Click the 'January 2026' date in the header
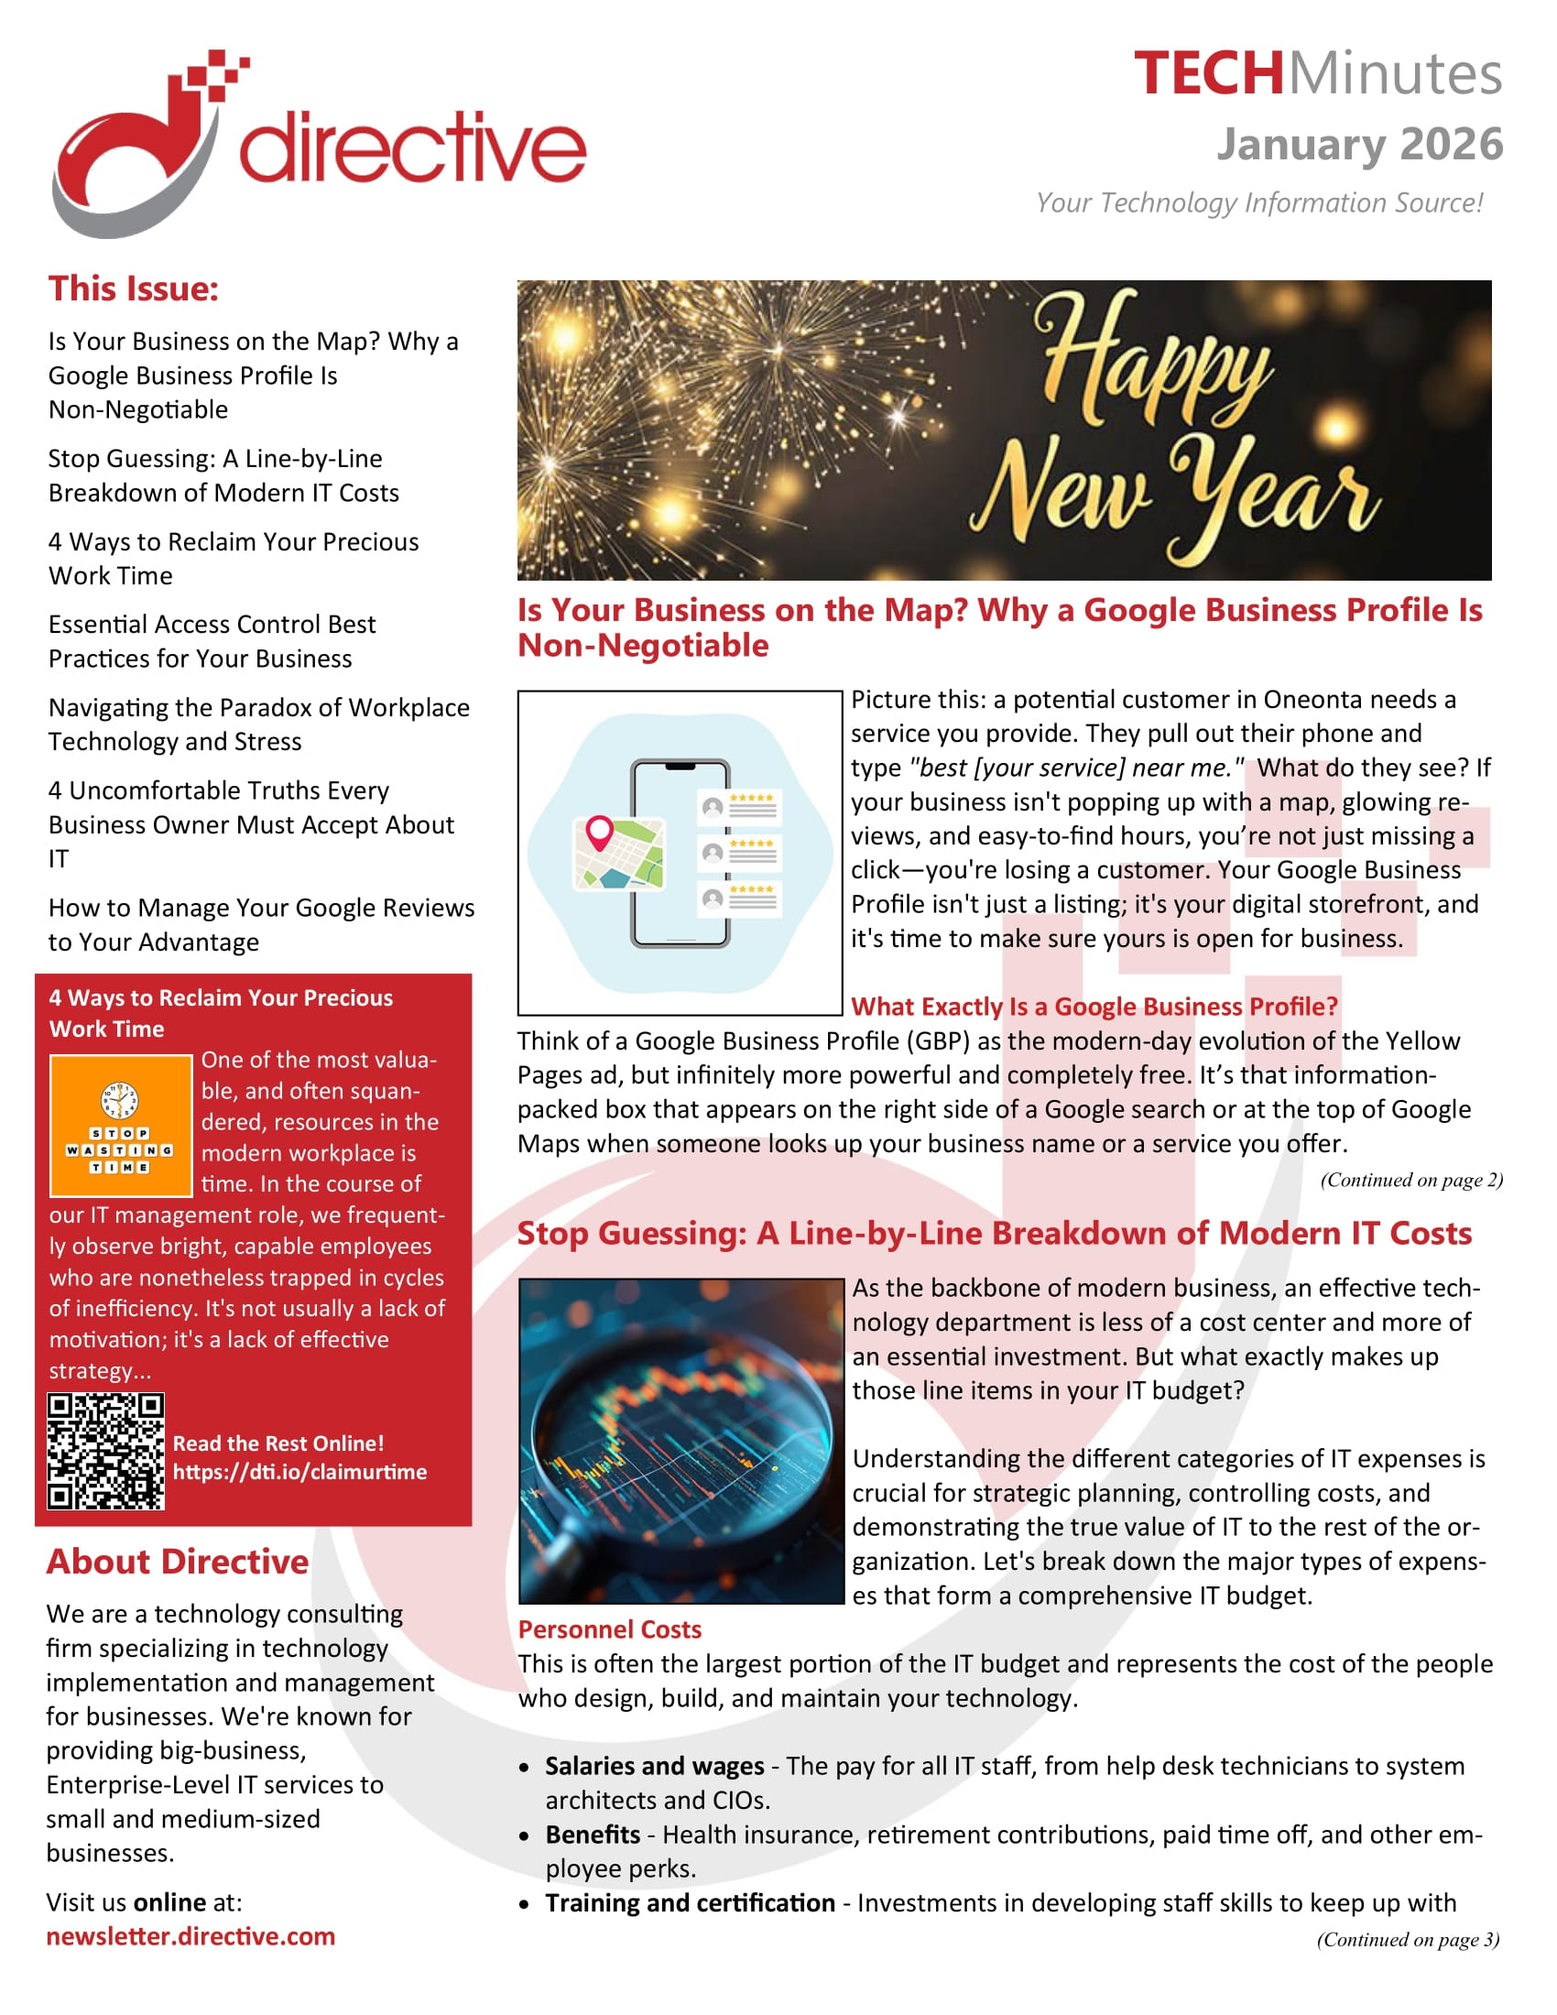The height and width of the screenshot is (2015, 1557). [1358, 144]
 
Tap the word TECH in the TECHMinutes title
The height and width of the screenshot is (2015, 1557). [1208, 74]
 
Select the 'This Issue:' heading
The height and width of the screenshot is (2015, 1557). [134, 289]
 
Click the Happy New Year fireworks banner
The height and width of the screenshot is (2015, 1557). [1004, 430]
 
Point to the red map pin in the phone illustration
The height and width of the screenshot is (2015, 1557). [600, 831]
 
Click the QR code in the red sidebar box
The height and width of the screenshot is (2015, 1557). [106, 1451]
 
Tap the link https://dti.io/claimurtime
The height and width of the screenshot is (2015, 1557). [299, 1472]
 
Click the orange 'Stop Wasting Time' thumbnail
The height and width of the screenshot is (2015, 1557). [121, 1125]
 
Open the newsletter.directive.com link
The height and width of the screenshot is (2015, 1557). [191, 1935]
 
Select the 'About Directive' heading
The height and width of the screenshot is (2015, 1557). [178, 1561]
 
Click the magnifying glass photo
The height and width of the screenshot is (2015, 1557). [681, 1440]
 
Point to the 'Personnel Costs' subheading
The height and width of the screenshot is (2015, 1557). [610, 1629]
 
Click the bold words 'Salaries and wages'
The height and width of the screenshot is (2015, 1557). [654, 1766]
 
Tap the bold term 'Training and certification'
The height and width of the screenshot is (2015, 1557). [690, 1902]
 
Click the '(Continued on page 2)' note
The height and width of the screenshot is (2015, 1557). [1411, 1180]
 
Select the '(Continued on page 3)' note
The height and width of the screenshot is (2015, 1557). [1408, 1939]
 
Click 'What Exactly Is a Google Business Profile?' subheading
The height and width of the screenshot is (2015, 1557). [1094, 1007]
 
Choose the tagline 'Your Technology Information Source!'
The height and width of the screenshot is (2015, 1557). [1259, 202]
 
